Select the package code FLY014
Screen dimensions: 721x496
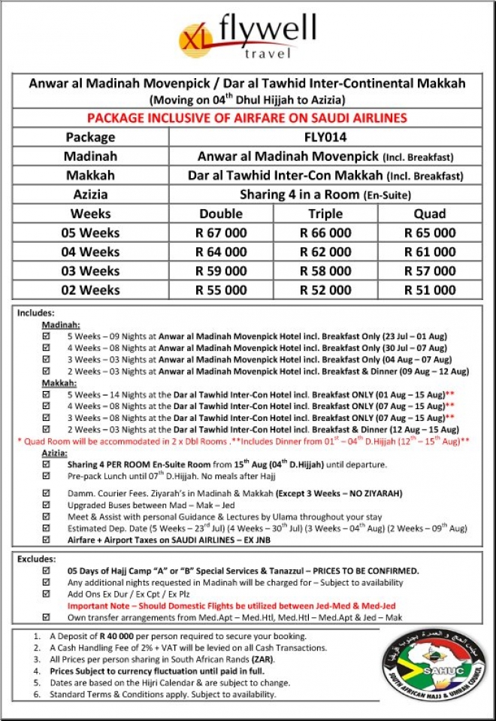click(x=325, y=138)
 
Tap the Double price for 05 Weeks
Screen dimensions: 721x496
click(x=221, y=233)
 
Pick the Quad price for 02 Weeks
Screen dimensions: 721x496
click(x=430, y=289)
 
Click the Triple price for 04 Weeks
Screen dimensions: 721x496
click(x=325, y=252)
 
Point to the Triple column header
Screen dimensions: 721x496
click(x=325, y=214)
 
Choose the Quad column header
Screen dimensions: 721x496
click(x=430, y=214)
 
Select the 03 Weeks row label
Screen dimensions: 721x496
click(x=89, y=271)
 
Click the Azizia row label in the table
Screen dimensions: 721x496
click(x=89, y=194)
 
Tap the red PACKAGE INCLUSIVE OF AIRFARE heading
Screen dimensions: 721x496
click(x=247, y=118)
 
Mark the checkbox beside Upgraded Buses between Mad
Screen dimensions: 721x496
click(x=47, y=505)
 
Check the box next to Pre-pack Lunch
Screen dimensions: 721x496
click(x=47, y=476)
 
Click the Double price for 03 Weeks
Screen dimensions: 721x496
click(x=221, y=271)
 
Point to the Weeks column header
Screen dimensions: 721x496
click(x=89, y=214)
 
